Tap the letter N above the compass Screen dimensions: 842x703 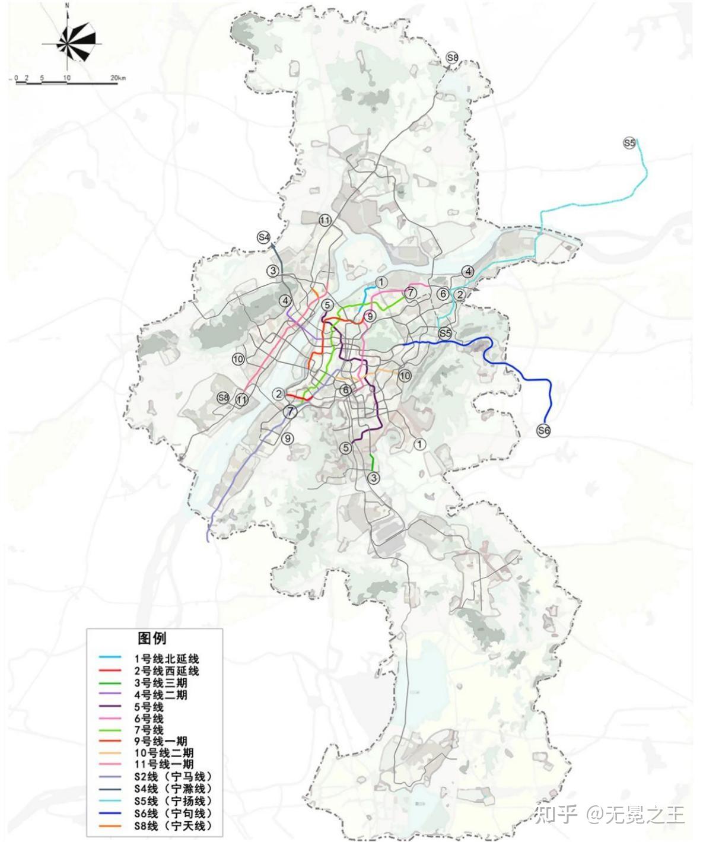pos(68,5)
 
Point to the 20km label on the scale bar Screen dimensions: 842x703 pos(117,78)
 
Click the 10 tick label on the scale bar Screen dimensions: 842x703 pos(67,78)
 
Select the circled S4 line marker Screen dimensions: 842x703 pos(264,237)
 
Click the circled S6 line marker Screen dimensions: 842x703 pos(543,431)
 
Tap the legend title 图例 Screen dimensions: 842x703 pos(152,638)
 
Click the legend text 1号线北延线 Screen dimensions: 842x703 pos(166,659)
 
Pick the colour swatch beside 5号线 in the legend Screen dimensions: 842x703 pos(112,707)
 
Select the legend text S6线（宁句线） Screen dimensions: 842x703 pos(173,813)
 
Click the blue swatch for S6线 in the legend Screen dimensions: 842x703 pos(112,813)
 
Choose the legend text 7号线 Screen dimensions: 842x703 pos(149,730)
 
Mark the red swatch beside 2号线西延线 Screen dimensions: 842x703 pos(112,671)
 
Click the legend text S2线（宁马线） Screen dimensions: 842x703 pos(173,777)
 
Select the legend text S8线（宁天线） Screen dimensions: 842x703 pos(173,825)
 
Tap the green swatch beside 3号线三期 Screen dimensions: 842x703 pos(112,683)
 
